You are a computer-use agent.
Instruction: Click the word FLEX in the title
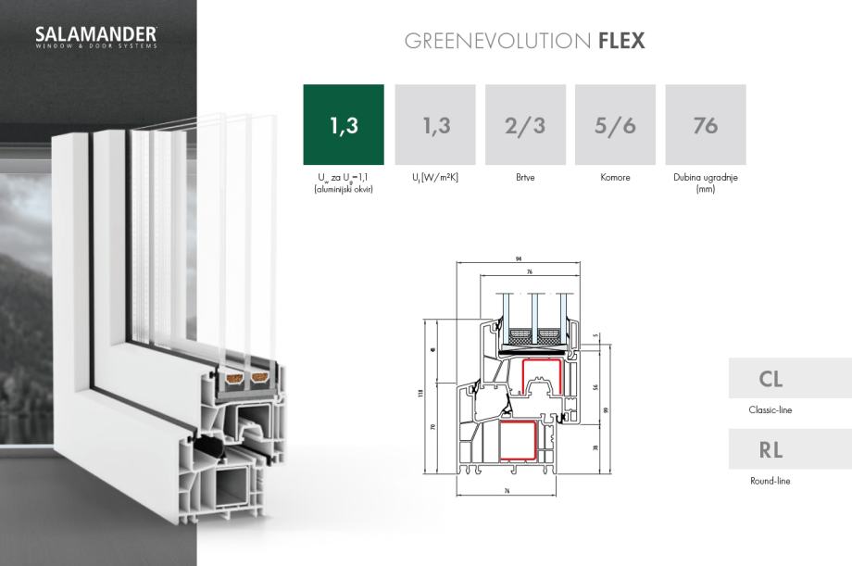[621, 42]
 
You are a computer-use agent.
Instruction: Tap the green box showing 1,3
[344, 125]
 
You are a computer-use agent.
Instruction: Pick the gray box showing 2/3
[525, 125]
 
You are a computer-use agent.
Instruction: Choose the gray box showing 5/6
[615, 125]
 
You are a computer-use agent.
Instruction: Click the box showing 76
[705, 125]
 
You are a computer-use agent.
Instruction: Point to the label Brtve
[525, 178]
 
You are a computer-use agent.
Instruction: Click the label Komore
[615, 178]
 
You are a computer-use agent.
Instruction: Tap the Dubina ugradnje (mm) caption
[705, 182]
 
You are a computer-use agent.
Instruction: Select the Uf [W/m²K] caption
[435, 178]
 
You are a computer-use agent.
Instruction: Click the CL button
[771, 379]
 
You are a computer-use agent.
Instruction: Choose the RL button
[771, 451]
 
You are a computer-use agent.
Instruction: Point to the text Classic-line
[771, 409]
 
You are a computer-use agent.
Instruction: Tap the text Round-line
[771, 482]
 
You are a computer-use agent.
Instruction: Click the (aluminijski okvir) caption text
[344, 189]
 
